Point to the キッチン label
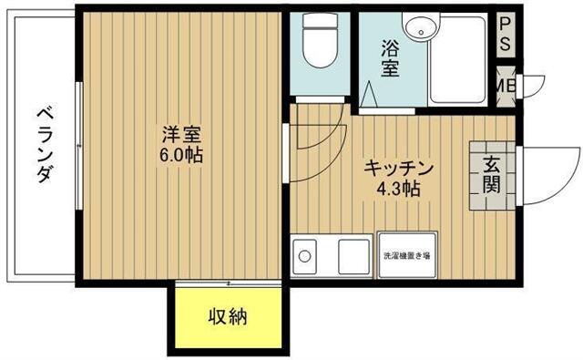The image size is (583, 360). tap(398, 170)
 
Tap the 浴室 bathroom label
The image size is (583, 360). tap(389, 58)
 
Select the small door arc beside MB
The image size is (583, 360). tap(531, 84)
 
